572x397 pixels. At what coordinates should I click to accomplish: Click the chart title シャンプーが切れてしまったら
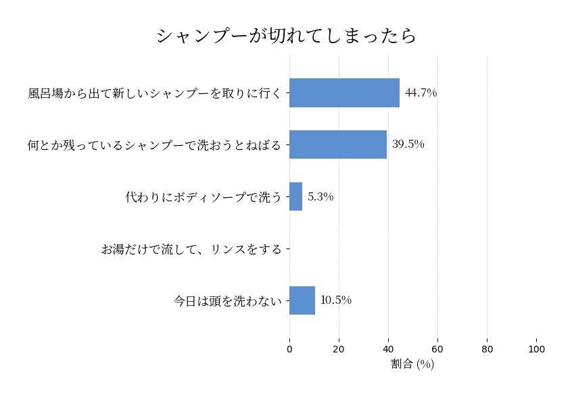[286, 35]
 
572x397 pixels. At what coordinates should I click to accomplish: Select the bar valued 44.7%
[344, 93]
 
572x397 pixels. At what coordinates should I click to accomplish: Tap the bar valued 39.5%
[338, 144]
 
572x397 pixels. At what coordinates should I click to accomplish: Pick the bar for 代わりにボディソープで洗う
[295, 196]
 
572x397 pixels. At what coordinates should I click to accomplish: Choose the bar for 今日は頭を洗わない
[302, 300]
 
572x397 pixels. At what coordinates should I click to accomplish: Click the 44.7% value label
[421, 93]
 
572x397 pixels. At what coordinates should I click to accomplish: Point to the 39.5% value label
[408, 144]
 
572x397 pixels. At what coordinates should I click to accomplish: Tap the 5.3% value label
[320, 197]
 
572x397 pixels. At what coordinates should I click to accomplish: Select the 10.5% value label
[336, 300]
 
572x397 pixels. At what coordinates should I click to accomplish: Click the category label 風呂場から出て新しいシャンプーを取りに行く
[155, 93]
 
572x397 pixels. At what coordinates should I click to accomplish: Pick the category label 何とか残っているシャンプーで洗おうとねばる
[155, 145]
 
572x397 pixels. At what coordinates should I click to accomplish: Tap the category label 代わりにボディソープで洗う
[204, 197]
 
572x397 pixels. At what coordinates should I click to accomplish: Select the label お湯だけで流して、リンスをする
[191, 249]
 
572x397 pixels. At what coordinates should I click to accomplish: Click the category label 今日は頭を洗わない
[228, 301]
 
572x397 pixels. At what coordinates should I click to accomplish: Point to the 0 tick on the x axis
[289, 349]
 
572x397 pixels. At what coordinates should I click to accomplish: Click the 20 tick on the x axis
[339, 349]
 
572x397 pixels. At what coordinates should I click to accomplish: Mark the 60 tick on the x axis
[437, 349]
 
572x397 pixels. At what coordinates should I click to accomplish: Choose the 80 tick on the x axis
[487, 349]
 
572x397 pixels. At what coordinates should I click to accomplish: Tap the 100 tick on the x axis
[536, 349]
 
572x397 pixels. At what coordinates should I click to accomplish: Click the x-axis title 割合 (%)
[412, 364]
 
